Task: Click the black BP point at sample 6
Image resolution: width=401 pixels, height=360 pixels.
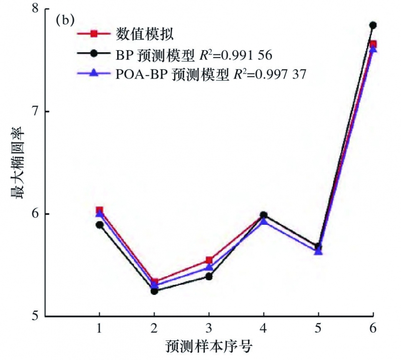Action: coord(373,25)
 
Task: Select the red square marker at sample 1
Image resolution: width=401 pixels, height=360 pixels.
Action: coord(99,210)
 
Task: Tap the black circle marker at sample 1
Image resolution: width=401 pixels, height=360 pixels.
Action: coord(99,225)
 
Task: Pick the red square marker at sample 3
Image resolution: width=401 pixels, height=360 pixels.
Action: coord(209,260)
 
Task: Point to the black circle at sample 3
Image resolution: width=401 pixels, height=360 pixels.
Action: coord(209,276)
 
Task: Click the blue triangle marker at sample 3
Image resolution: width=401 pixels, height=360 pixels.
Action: coord(209,267)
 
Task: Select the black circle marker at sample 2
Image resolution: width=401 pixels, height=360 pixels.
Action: coord(154,291)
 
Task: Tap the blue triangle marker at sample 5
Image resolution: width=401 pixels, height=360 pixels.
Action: coord(318,251)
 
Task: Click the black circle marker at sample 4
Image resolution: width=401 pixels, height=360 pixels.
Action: coord(264,215)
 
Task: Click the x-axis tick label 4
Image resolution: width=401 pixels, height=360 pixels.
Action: coord(264,328)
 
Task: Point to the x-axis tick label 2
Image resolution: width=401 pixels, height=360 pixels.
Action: coord(154,328)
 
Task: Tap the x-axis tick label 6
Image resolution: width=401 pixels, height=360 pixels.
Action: coord(373,328)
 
